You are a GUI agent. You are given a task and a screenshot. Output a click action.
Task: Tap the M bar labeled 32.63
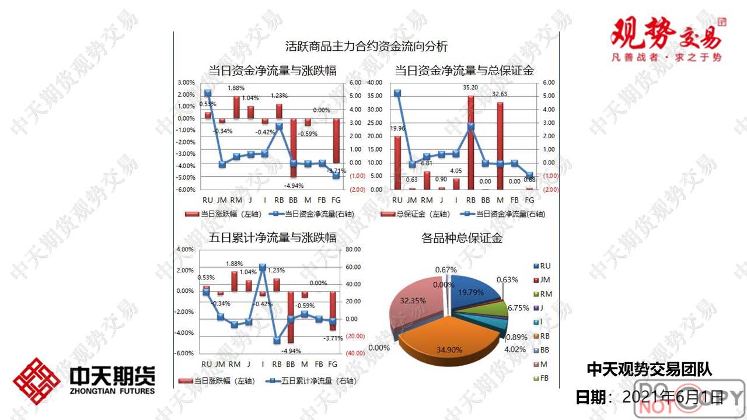coord(500,146)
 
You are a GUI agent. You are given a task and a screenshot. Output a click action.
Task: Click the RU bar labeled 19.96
coord(398,163)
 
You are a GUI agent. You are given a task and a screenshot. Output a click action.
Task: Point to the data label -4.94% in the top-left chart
coord(294,186)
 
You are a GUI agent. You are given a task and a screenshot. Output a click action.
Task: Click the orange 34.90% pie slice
coord(449,341)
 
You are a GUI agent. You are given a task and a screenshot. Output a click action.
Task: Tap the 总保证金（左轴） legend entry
coord(415,214)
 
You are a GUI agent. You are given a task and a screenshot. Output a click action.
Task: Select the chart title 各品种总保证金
coord(462,238)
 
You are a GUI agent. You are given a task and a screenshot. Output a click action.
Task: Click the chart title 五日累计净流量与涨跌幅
coord(273,238)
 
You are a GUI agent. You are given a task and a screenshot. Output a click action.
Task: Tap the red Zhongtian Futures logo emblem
coord(37,381)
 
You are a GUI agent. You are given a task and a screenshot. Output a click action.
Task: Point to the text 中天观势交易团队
coord(649,369)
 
